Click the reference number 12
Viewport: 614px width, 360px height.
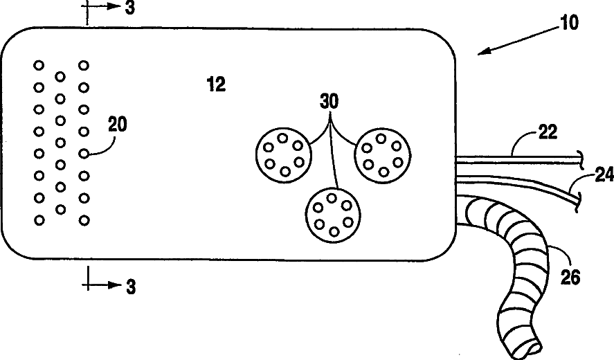(216, 84)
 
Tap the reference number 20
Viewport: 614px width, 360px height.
(118, 125)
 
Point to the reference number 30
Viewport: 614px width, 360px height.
(330, 102)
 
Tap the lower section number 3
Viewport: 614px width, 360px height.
(130, 286)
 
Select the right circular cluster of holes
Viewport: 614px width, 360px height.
(383, 154)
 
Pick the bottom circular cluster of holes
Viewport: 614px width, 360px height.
(332, 215)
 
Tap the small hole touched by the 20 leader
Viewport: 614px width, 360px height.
(84, 154)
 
